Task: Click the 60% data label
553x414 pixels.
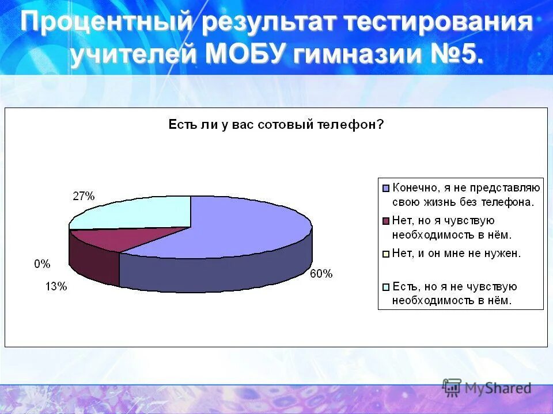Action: click(321, 274)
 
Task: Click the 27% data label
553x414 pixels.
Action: click(84, 196)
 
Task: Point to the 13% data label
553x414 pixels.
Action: click(56, 286)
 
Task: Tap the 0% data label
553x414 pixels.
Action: click(42, 264)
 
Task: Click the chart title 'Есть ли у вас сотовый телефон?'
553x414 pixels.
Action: click(276, 124)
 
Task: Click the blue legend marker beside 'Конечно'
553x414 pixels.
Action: click(385, 187)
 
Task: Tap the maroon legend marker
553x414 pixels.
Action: click(385, 221)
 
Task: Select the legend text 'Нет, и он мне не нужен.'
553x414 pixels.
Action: click(456, 254)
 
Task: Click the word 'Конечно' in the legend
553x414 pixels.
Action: click(415, 187)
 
